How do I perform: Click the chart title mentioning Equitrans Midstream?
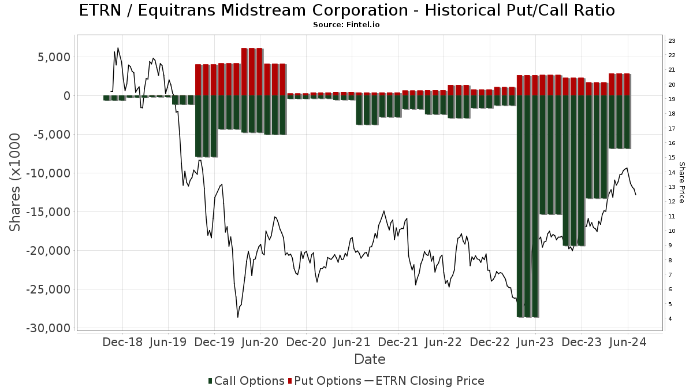pyautogui.click(x=346, y=10)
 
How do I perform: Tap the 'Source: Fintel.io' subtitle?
pyautogui.click(x=346, y=25)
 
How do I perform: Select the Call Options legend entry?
pyautogui.click(x=247, y=381)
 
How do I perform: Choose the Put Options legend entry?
pyautogui.click(x=327, y=381)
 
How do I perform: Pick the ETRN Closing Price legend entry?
pyautogui.click(x=424, y=381)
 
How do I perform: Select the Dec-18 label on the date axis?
pyautogui.click(x=122, y=342)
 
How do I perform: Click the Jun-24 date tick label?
pyautogui.click(x=628, y=342)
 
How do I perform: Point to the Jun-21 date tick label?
pyautogui.click(x=352, y=342)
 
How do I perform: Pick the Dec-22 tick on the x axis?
pyautogui.click(x=490, y=342)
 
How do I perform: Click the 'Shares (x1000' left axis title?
pyautogui.click(x=16, y=182)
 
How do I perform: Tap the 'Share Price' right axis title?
pyautogui.click(x=681, y=182)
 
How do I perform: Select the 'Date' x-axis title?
pyautogui.click(x=370, y=359)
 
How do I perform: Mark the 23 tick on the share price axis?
pyautogui.click(x=672, y=41)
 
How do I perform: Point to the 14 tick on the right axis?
pyautogui.click(x=672, y=172)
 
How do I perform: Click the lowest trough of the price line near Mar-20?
pyautogui.click(x=237, y=317)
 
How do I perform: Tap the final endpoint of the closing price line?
pyautogui.click(x=636, y=195)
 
